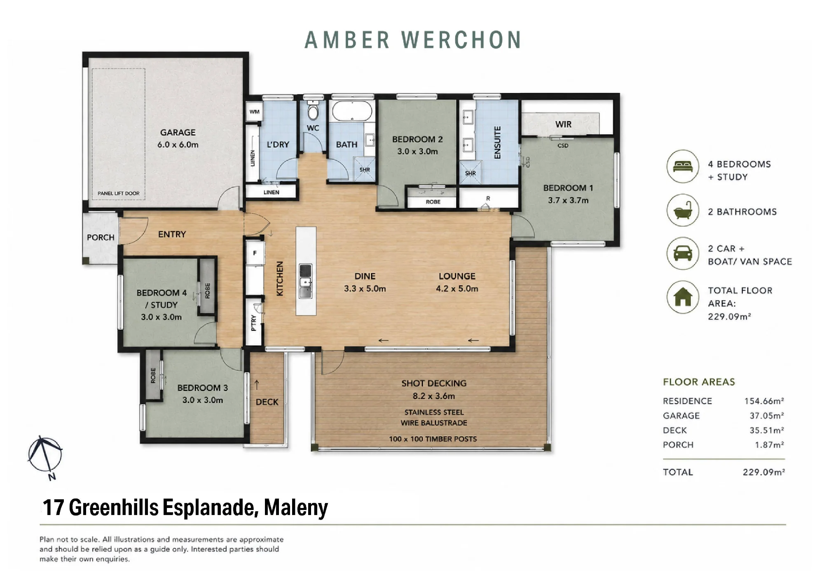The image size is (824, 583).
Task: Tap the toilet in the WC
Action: pyautogui.click(x=313, y=110)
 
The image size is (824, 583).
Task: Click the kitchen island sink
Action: pyautogui.click(x=305, y=281)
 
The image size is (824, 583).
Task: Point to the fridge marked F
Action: pyautogui.click(x=255, y=253)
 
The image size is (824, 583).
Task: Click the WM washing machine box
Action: pyautogui.click(x=254, y=112)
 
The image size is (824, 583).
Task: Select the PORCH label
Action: pyautogui.click(x=101, y=237)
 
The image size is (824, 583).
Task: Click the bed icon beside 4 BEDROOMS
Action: pyautogui.click(x=683, y=166)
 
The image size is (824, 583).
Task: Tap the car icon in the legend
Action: pyautogui.click(x=683, y=253)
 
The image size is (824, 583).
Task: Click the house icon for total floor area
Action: pyautogui.click(x=683, y=297)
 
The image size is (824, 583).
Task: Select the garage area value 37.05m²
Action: pyautogui.click(x=766, y=416)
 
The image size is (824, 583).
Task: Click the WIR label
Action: pyautogui.click(x=563, y=124)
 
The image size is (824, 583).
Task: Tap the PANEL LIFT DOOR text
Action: pyautogui.click(x=119, y=193)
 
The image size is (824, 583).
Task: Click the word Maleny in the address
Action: pyautogui.click(x=296, y=508)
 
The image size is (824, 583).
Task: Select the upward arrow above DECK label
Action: pyautogui.click(x=257, y=385)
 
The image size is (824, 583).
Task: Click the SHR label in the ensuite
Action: pyautogui.click(x=471, y=173)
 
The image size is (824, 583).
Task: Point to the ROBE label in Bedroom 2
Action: pyautogui.click(x=433, y=202)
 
